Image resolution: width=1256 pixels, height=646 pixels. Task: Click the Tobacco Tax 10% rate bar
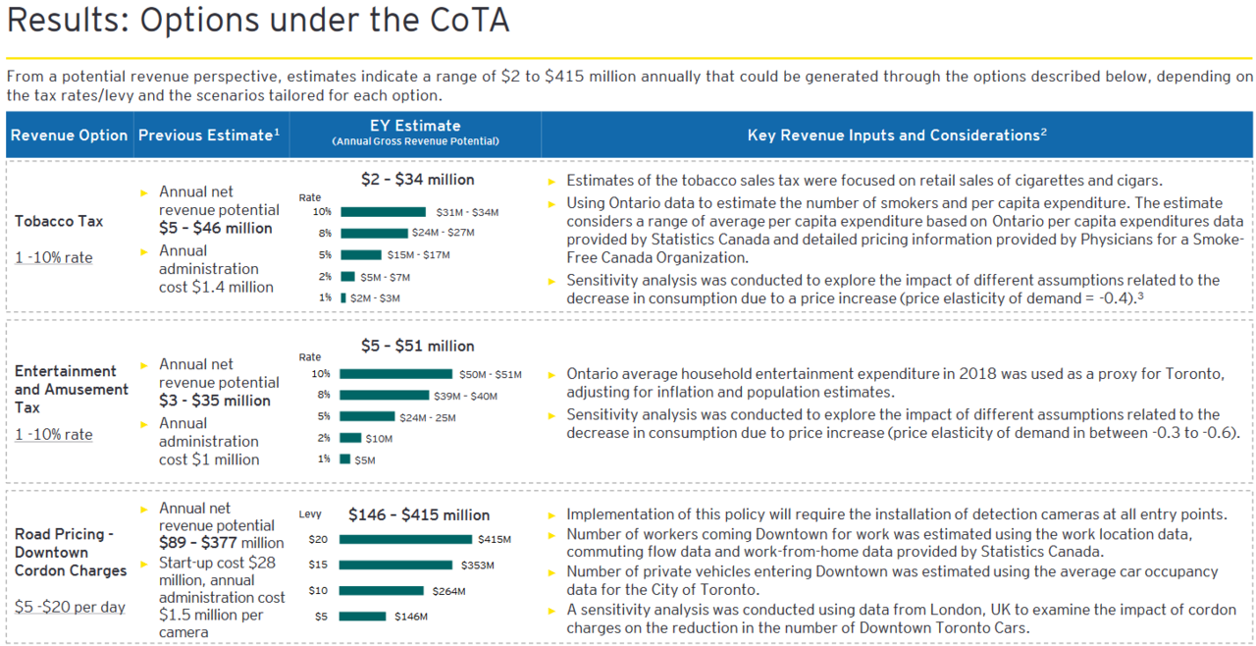coord(383,212)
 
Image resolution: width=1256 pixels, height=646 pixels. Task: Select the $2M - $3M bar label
coord(376,298)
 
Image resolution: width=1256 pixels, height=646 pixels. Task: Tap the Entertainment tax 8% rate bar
coord(384,396)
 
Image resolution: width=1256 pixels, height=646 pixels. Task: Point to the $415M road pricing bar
coord(405,539)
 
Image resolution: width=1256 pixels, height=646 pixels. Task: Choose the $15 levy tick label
coord(318,565)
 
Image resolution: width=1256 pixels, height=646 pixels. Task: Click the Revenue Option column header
coord(69,135)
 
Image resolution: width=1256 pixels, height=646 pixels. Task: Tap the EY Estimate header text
coord(415,126)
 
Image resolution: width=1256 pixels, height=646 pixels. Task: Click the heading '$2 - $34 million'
coord(417,180)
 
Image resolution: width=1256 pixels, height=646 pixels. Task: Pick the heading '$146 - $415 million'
coord(419,515)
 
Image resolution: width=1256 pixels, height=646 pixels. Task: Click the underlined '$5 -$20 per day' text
coord(70,608)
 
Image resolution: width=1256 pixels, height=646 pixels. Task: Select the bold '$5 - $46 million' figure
coord(215,229)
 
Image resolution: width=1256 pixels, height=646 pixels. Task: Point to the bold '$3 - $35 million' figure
coord(215,401)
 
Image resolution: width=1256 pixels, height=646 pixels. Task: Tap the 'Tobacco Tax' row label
coord(59,222)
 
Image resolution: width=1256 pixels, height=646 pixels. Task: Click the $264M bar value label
coord(446,591)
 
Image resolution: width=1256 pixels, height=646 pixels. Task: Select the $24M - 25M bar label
coord(427,417)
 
